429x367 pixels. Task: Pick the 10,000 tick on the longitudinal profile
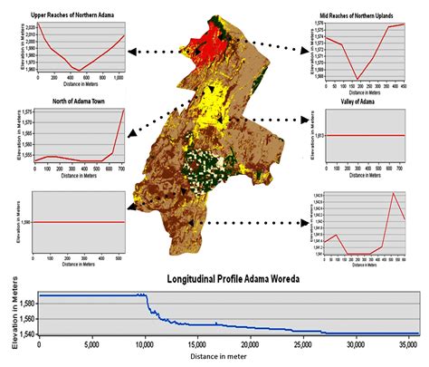(x=138, y=344)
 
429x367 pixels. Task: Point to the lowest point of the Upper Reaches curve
(x=79, y=70)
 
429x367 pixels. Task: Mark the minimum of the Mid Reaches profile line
(x=358, y=79)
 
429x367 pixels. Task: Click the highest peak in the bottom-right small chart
(x=393, y=193)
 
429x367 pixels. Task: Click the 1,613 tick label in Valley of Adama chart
(x=314, y=136)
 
